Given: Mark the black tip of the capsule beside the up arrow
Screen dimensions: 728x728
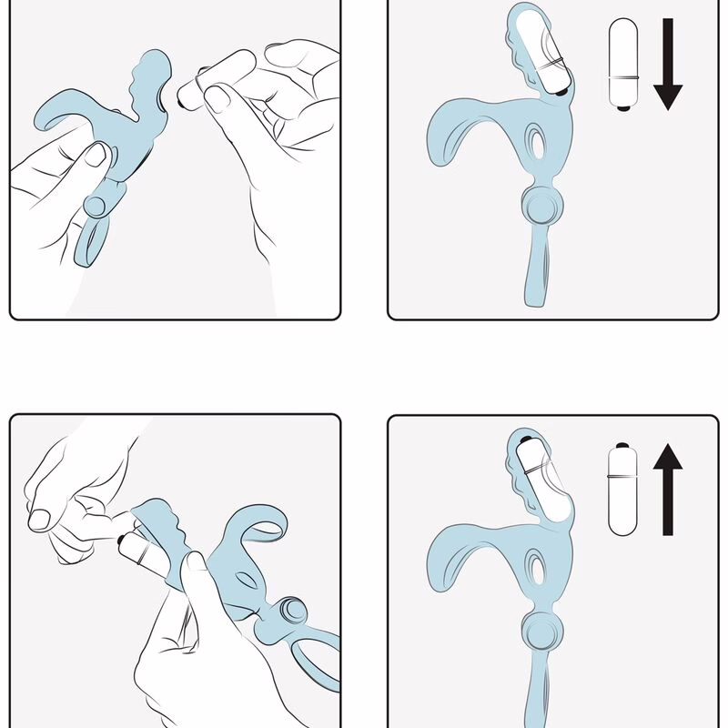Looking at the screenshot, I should click(x=622, y=449).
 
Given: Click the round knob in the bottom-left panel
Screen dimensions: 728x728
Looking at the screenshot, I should click(x=293, y=612).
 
